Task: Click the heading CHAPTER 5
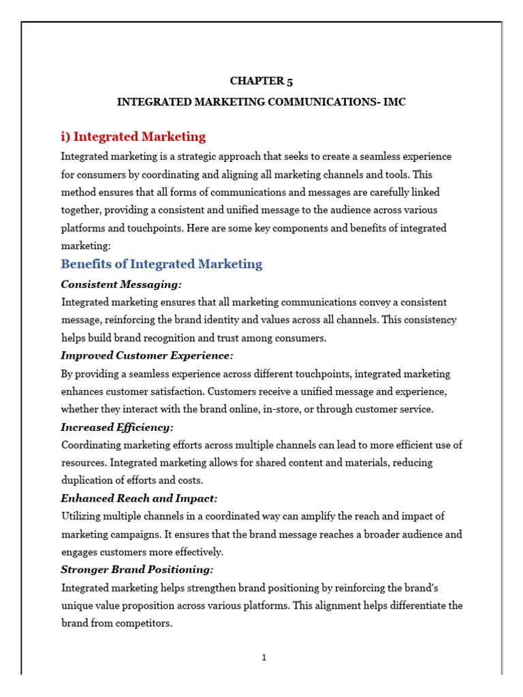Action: [261, 81]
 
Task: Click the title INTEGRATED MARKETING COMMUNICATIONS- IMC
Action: [261, 102]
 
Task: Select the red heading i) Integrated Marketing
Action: [133, 136]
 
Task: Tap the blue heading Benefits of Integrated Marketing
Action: [161, 264]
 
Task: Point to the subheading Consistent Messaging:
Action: [121, 284]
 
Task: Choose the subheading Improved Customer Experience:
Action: [146, 355]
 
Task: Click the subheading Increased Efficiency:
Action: [117, 427]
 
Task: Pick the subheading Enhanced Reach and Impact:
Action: [139, 498]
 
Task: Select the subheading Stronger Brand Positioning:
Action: [137, 569]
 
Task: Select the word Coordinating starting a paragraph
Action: [93, 445]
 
